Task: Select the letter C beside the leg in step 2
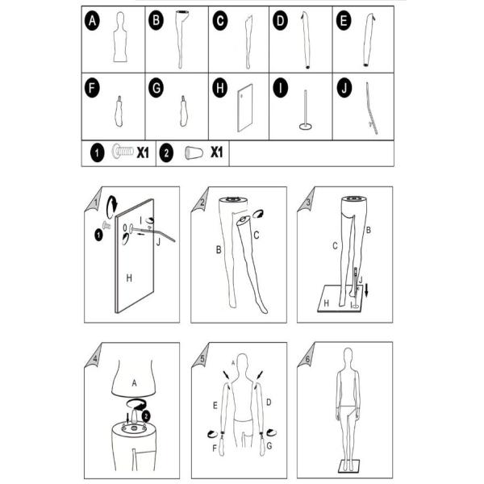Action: pos(257,236)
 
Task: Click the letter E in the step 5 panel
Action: pos(215,403)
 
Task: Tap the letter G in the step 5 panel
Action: pos(269,445)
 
